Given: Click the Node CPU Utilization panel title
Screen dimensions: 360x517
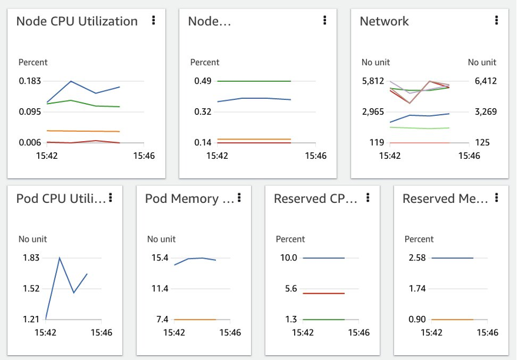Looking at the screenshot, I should pos(76,21).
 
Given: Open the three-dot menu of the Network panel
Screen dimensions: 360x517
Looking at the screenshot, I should pos(496,20).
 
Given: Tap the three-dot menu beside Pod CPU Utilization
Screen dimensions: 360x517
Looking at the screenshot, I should pos(111,198).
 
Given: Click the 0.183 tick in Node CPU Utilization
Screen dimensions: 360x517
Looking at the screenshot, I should pos(30,81).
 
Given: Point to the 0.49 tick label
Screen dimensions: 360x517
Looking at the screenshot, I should pos(203,81).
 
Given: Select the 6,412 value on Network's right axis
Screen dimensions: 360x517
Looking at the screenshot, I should pos(482,81).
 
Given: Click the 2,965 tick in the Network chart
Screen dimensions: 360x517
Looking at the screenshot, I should pos(373,112).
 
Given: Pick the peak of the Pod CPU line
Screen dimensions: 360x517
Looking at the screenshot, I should pos(59,258).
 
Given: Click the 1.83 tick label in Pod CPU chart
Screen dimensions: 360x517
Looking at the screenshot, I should pos(31,258).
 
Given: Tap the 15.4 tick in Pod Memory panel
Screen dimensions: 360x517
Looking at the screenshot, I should pos(160,258).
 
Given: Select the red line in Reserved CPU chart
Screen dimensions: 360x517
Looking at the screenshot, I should pos(323,293).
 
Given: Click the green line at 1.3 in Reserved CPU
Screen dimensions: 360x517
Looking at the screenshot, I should pos(323,319).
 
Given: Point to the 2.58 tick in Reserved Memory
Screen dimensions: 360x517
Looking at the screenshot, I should pos(417,258).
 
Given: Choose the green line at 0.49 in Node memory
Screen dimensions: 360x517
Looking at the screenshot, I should pos(254,81).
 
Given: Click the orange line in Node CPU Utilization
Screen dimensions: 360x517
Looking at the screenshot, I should pos(82,131).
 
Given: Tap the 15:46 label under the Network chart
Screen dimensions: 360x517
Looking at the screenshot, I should pos(469,156).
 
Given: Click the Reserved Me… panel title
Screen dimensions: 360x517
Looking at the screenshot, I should pos(445,199).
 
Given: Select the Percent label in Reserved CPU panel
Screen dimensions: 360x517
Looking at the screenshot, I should pos(291,239).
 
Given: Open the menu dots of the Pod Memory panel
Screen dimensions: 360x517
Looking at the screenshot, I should pos(239,198).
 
